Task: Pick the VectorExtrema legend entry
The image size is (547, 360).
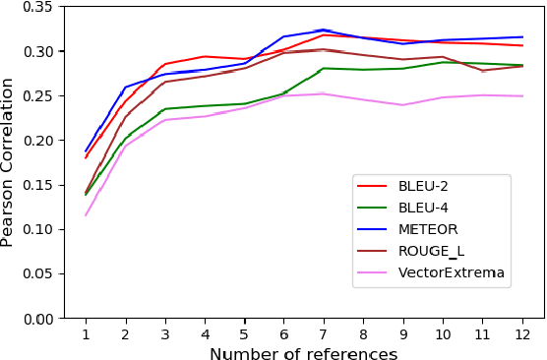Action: point(438,272)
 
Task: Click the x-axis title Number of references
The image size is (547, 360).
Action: point(303,353)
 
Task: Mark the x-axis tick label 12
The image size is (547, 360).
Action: point(521,333)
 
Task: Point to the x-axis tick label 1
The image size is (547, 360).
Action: point(86,333)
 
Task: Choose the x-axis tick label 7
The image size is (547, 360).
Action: point(324,333)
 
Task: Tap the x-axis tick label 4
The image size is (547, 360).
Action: point(205,333)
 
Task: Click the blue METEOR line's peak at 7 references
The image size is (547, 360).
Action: point(324,30)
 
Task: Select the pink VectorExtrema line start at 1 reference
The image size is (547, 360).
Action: point(86,215)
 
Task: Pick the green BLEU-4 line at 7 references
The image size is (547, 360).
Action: point(324,68)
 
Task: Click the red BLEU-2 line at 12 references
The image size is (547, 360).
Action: point(521,45)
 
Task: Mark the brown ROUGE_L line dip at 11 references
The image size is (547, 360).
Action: point(482,71)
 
